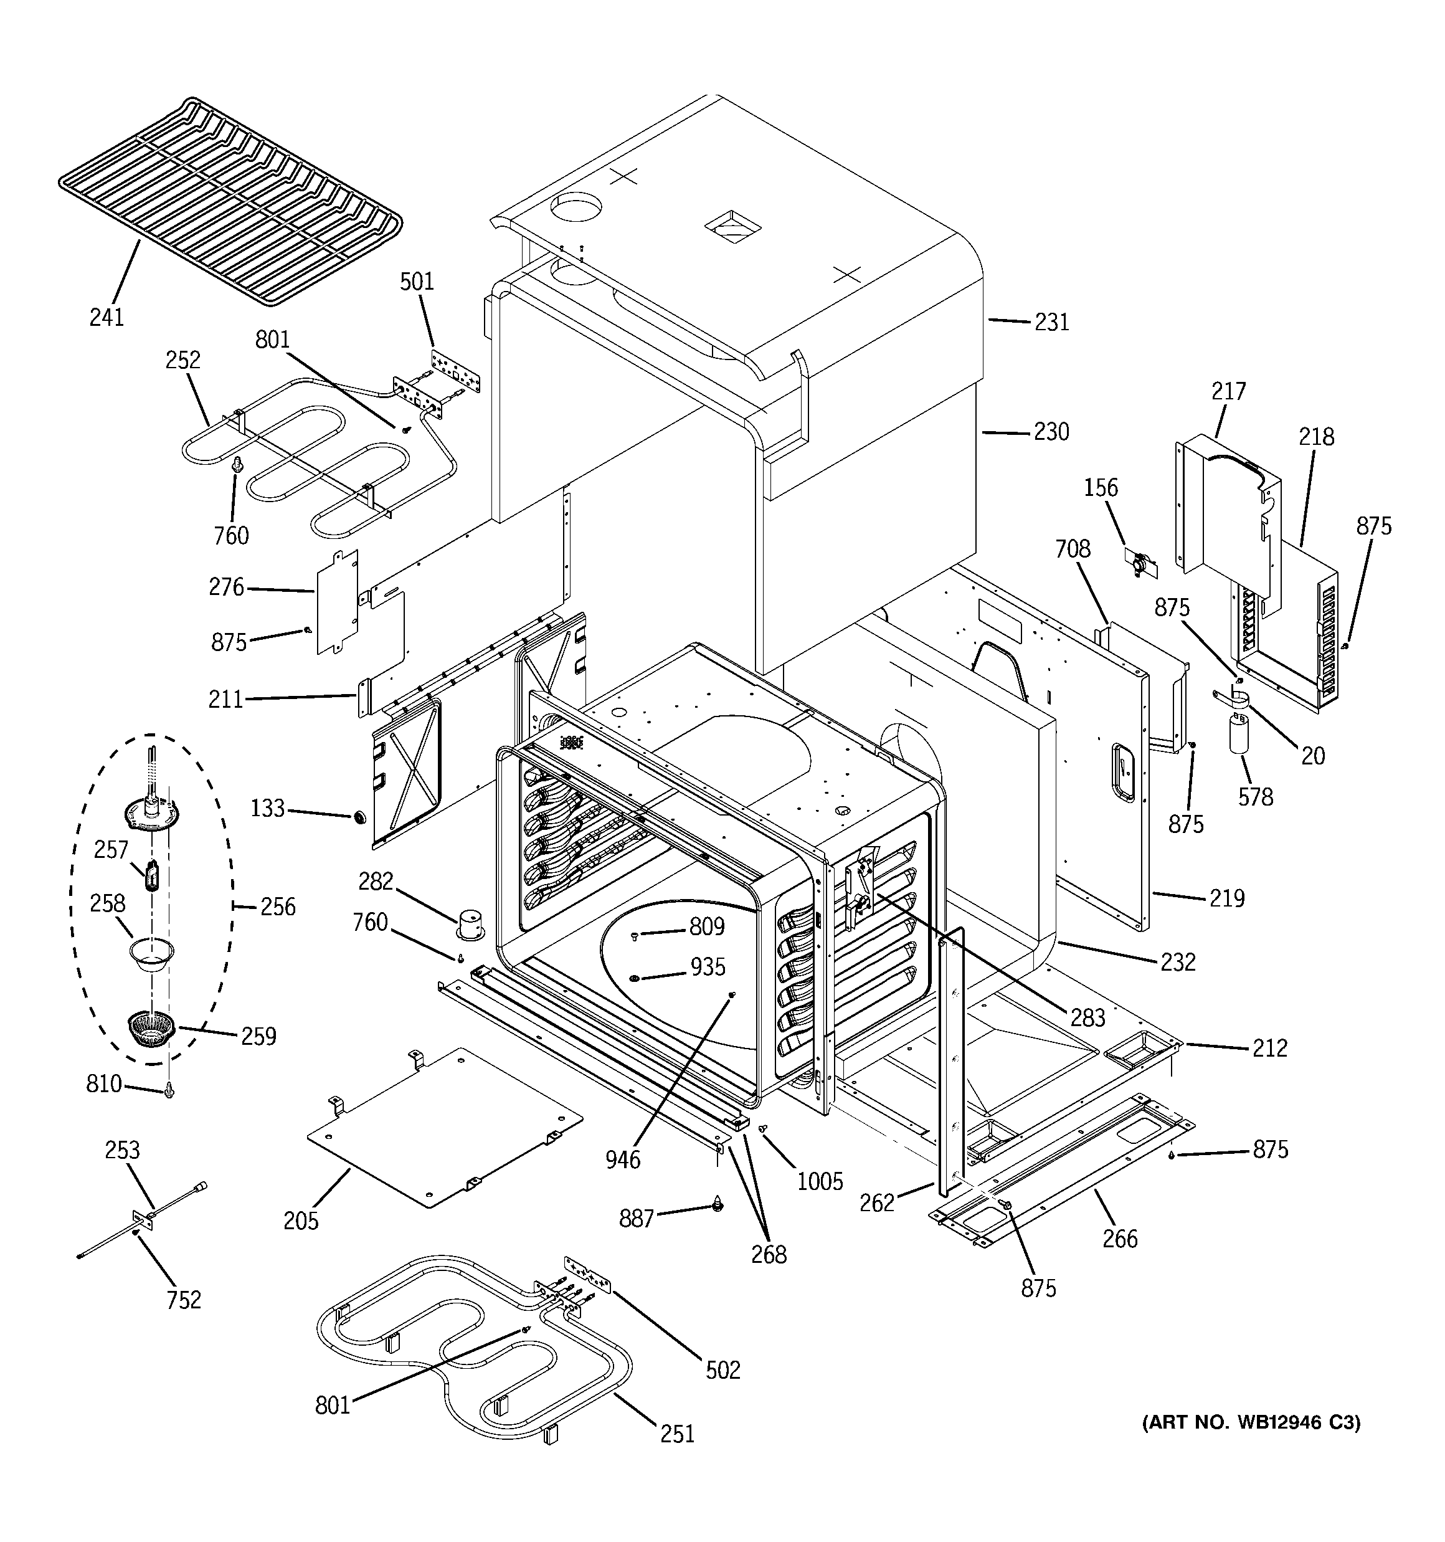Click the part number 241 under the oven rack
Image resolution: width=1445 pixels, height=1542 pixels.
[x=107, y=317]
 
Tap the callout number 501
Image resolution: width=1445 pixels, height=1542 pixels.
[x=417, y=281]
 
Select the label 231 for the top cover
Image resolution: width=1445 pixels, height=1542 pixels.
[x=1052, y=322]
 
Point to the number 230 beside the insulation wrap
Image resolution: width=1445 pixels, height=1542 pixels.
[x=1051, y=432]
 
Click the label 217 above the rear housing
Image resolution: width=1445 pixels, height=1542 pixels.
[x=1229, y=391]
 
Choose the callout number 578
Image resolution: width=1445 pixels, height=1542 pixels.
[x=1255, y=797]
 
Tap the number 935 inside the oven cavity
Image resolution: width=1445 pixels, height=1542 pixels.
[x=708, y=966]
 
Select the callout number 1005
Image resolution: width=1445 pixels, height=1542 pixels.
[x=820, y=1181]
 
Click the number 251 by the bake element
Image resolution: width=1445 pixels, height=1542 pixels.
[x=677, y=1434]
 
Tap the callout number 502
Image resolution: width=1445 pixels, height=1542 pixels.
[x=723, y=1370]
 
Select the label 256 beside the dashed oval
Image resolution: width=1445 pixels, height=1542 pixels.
[x=278, y=906]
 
